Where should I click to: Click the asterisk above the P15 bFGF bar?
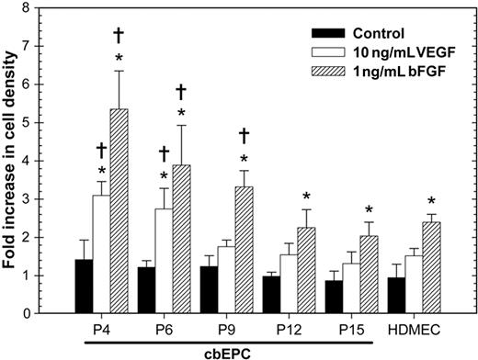(368, 209)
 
